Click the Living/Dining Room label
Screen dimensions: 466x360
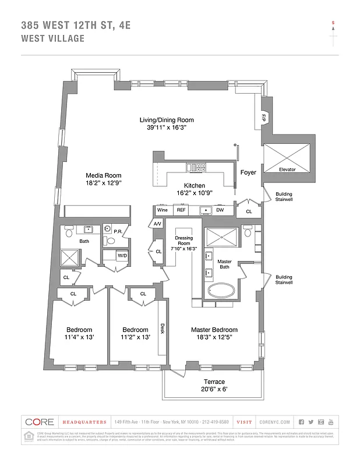[166, 120]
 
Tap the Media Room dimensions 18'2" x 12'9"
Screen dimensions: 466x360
[104, 183]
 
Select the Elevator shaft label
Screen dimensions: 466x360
[287, 170]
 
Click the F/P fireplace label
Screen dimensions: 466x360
[263, 118]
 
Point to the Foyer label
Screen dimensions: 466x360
[248, 173]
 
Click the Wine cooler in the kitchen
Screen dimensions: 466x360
[161, 210]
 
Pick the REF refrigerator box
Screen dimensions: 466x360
[181, 210]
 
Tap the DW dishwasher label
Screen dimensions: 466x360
[220, 210]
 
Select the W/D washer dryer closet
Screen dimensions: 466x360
[123, 255]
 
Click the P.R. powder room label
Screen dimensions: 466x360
[117, 231]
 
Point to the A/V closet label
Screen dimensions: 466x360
[157, 224]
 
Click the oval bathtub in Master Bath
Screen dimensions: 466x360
[220, 291]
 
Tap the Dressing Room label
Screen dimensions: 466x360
[183, 243]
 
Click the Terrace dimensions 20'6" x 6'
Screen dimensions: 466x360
[214, 389]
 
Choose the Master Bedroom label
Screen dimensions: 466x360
[214, 330]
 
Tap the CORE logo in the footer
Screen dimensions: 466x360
[40, 422]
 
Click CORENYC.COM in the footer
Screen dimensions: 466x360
[271, 422]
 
